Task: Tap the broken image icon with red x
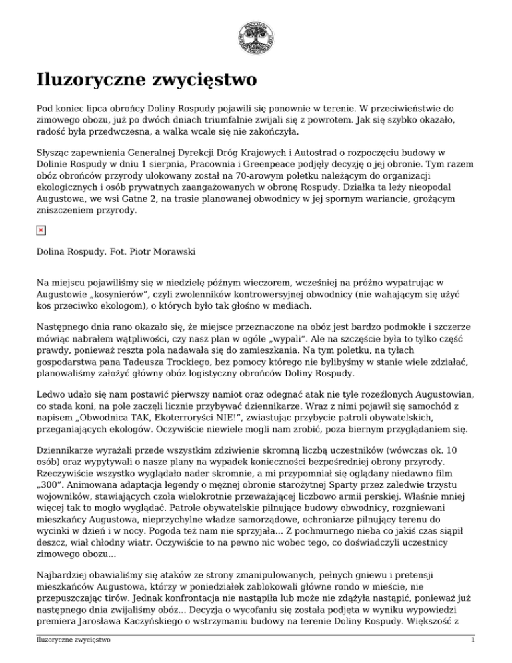tap(41, 230)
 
